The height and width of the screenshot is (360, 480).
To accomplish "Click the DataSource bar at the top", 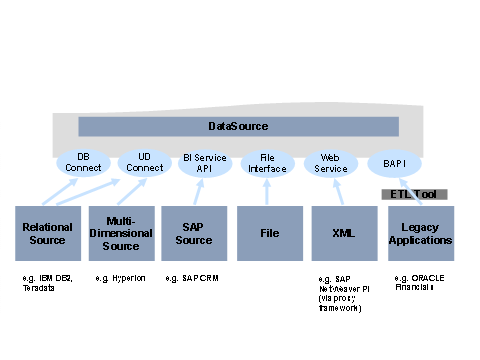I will pyautogui.click(x=237, y=126).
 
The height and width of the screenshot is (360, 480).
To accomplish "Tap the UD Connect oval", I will pyautogui.click(x=145, y=162).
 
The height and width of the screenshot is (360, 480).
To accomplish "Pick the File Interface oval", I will pyautogui.click(x=268, y=162).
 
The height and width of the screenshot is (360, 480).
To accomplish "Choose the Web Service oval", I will pyautogui.click(x=331, y=162).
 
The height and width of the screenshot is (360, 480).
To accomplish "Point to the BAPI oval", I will pyautogui.click(x=395, y=162).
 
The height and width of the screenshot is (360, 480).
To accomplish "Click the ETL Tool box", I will pyautogui.click(x=414, y=194).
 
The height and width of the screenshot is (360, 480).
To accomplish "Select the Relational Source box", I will pyautogui.click(x=48, y=234).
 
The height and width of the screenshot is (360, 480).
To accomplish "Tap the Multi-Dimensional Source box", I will pyautogui.click(x=121, y=234).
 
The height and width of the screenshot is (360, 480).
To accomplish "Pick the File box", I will pyautogui.click(x=269, y=234).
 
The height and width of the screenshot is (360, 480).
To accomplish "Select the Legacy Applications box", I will pyautogui.click(x=420, y=234).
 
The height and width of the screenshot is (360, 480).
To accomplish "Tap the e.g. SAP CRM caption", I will pyautogui.click(x=191, y=275).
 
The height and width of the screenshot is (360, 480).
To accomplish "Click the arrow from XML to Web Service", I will pyautogui.click(x=336, y=190).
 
